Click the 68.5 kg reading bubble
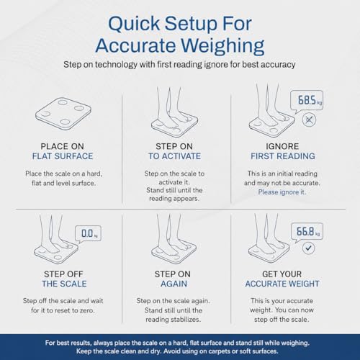pyautogui.click(x=307, y=100)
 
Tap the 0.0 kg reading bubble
pyautogui.click(x=88, y=233)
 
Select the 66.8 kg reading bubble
pyautogui.click(x=307, y=232)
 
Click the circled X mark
pyautogui.click(x=309, y=120)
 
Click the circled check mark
pyautogui.click(x=308, y=248)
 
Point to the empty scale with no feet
pyautogui.click(x=63, y=113)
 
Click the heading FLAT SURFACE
pyautogui.click(x=63, y=156)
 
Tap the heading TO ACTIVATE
pyautogui.click(x=174, y=156)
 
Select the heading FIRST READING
pyautogui.click(x=283, y=156)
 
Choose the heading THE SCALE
pyautogui.click(x=64, y=284)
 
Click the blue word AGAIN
pyautogui.click(x=174, y=284)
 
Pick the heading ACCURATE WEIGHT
pyautogui.click(x=282, y=284)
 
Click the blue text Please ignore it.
pyautogui.click(x=282, y=192)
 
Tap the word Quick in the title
pyautogui.click(x=134, y=24)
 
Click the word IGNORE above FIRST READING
pyautogui.click(x=282, y=146)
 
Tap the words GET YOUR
pyautogui.click(x=282, y=274)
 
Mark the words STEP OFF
pyautogui.click(x=63, y=274)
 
